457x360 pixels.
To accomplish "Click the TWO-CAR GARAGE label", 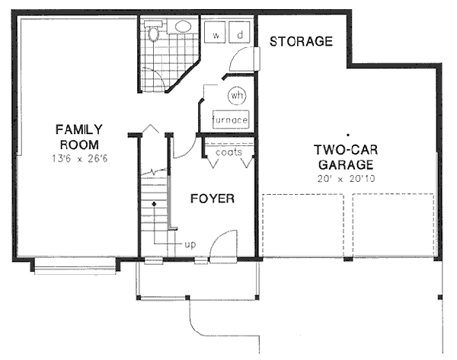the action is (345, 157).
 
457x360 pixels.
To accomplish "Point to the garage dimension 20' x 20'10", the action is (345, 178).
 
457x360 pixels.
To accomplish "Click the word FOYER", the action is (212, 199).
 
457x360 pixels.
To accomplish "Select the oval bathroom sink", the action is (183, 27).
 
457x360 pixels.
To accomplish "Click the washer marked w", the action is (216, 35).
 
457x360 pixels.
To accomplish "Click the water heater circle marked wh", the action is (236, 96).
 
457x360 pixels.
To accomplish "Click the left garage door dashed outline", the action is (304, 225).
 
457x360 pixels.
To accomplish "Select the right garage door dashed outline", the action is (394, 225).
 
